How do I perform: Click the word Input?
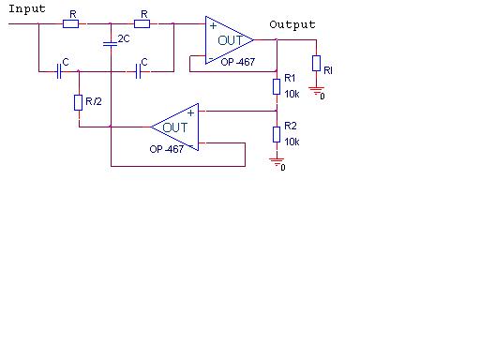tap(27, 9)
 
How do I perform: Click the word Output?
tap(292, 25)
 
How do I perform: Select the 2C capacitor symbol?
tap(111, 44)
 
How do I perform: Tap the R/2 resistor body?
tap(79, 102)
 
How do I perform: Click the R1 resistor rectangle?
tap(277, 86)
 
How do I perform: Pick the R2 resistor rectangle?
tap(277, 135)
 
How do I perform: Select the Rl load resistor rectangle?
tap(316, 63)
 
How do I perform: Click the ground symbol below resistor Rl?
tap(316, 91)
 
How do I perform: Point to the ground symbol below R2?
tap(277, 162)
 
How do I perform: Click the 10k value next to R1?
tap(292, 94)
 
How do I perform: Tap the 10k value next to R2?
tap(292, 142)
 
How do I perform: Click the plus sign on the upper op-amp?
tap(213, 25)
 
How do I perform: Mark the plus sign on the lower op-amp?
tap(190, 113)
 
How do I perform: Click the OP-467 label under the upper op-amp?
tap(238, 62)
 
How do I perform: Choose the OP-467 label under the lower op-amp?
tap(167, 149)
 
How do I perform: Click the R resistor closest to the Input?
tap(70, 23)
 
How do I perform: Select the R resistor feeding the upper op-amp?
tap(142, 23)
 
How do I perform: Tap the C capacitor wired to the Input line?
tap(59, 71)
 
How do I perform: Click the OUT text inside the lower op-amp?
tap(175, 127)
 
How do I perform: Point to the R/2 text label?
tap(94, 101)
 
